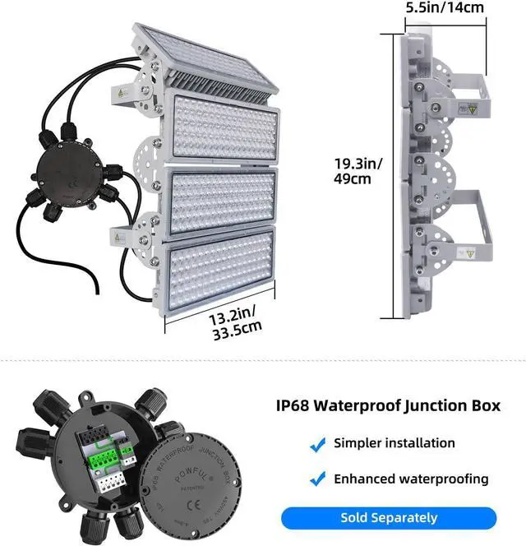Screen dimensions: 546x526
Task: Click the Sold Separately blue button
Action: (x=389, y=518)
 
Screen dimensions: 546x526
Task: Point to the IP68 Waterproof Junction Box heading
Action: (x=399, y=405)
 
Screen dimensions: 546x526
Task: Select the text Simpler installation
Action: (x=394, y=443)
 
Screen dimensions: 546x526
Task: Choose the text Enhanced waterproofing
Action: (x=411, y=479)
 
